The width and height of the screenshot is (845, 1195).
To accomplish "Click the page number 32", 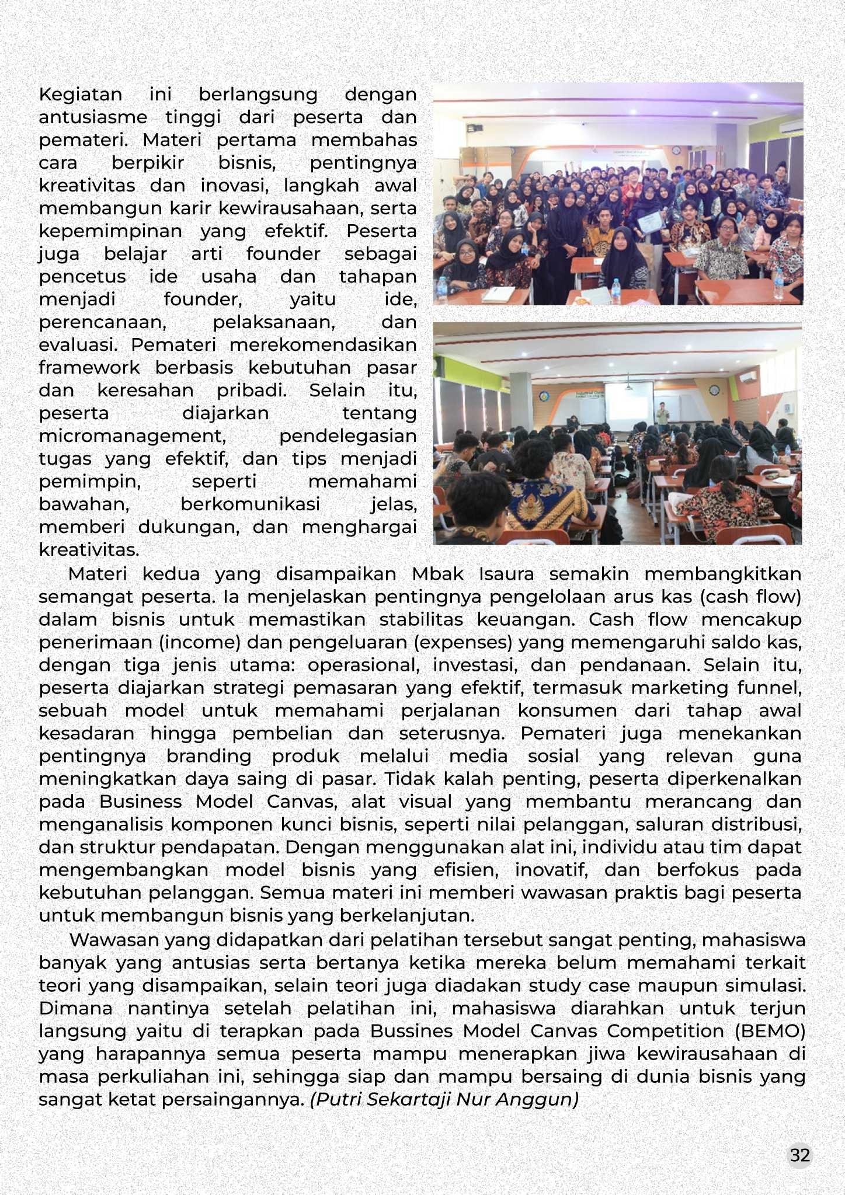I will pos(799,1155).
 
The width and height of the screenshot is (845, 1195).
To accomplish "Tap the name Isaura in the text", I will pos(506,574).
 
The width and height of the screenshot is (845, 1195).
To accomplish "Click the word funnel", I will pos(769,688).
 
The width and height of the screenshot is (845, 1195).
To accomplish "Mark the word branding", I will pos(209,756).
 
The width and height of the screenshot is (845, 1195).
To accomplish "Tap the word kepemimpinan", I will pos(110,231).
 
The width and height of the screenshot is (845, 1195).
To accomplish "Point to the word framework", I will pos(89,368).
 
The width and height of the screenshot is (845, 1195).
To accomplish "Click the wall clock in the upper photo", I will pos(676,150).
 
